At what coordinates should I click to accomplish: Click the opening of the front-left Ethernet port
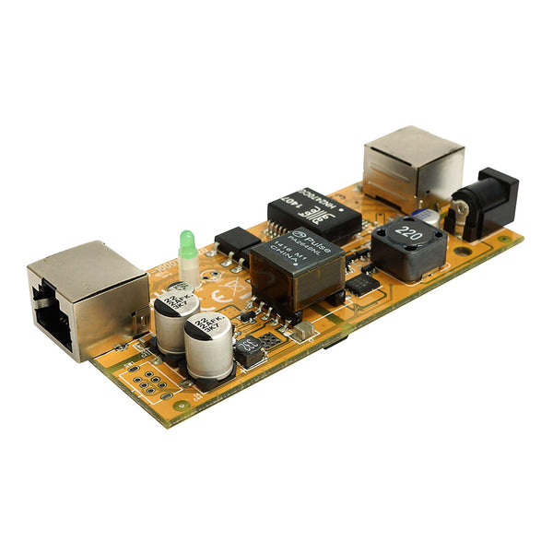(x=54, y=322)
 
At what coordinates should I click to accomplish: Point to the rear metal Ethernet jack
(x=412, y=165)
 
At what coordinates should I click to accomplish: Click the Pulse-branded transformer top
(x=296, y=248)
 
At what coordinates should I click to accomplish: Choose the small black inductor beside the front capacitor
(x=248, y=350)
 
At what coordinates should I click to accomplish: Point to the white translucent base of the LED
(x=189, y=269)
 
